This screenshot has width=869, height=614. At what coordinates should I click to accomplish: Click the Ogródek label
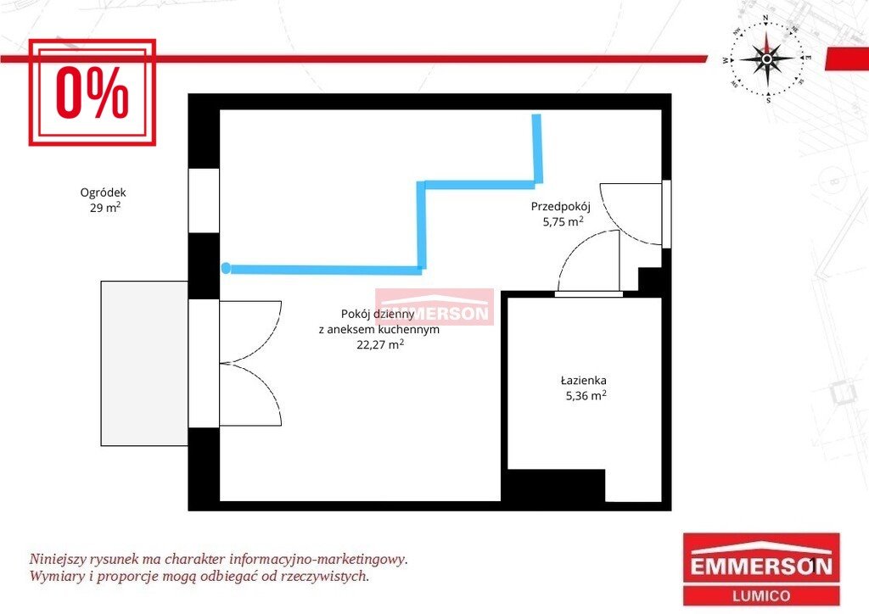[103, 193]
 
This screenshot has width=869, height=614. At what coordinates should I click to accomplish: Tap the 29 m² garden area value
[105, 208]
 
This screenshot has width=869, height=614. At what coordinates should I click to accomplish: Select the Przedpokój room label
[561, 207]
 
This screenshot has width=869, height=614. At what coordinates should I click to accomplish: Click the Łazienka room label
[584, 381]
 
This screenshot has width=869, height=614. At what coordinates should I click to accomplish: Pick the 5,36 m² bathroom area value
[586, 396]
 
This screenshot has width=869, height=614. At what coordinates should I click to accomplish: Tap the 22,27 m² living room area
[380, 344]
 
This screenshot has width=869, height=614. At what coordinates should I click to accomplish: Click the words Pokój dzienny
[378, 314]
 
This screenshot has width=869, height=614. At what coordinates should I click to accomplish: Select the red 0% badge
[92, 92]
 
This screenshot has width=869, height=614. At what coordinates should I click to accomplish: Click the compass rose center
[766, 59]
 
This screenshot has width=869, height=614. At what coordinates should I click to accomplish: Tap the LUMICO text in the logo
[761, 595]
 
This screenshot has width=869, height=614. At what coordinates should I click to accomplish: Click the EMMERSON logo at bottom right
[761, 569]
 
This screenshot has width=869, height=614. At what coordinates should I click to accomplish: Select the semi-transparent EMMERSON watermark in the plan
[434, 307]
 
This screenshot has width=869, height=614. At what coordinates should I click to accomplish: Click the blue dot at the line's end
[226, 269]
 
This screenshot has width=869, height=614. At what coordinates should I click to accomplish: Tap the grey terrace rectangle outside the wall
[144, 363]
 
